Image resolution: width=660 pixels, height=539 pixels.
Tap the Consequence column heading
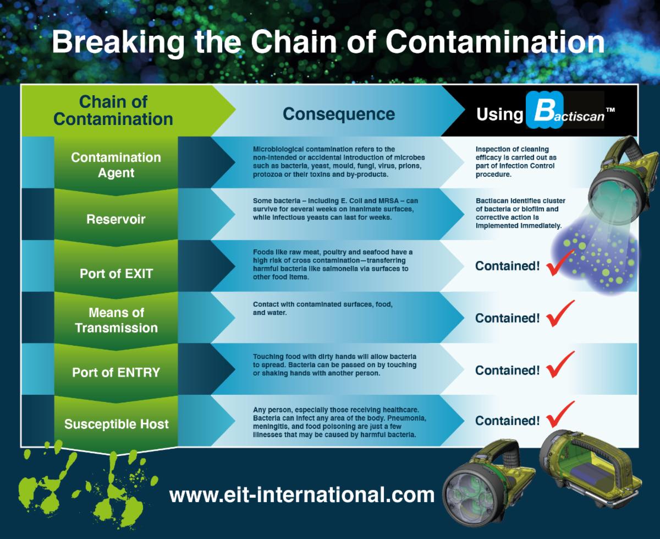[x=338, y=113]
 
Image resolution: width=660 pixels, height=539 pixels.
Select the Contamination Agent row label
[x=116, y=165]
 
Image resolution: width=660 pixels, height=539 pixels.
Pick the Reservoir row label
[x=116, y=219]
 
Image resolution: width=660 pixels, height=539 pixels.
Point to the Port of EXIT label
[x=116, y=274]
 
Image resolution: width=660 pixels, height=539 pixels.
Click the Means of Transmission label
[x=116, y=320]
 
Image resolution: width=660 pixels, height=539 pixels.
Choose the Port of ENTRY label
[x=116, y=372]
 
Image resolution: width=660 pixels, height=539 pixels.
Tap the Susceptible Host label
[x=116, y=424]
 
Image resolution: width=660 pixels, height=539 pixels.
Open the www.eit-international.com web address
[x=302, y=494]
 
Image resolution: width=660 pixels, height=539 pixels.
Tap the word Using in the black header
[x=499, y=114]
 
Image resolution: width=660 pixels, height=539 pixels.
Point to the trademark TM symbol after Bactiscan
[x=610, y=111]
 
